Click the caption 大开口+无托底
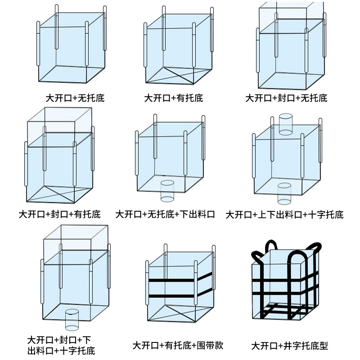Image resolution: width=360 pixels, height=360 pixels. tap(75, 97)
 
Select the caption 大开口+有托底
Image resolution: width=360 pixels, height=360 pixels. tap(173, 97)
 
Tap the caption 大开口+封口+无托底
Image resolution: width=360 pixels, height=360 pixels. tap(286, 97)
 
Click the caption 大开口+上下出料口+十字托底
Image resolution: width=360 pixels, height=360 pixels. tap(284, 215)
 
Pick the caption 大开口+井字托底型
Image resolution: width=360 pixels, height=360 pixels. tap(290, 346)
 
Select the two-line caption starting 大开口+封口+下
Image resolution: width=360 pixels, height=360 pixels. tap(61, 345)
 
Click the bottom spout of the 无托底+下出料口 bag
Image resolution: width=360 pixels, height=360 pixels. tap(167, 190)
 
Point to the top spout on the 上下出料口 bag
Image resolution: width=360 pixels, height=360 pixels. tap(285, 124)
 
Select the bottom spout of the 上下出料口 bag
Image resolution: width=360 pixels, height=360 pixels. tap(284, 193)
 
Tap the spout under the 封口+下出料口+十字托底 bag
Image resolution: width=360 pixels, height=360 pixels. tap(72, 319)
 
